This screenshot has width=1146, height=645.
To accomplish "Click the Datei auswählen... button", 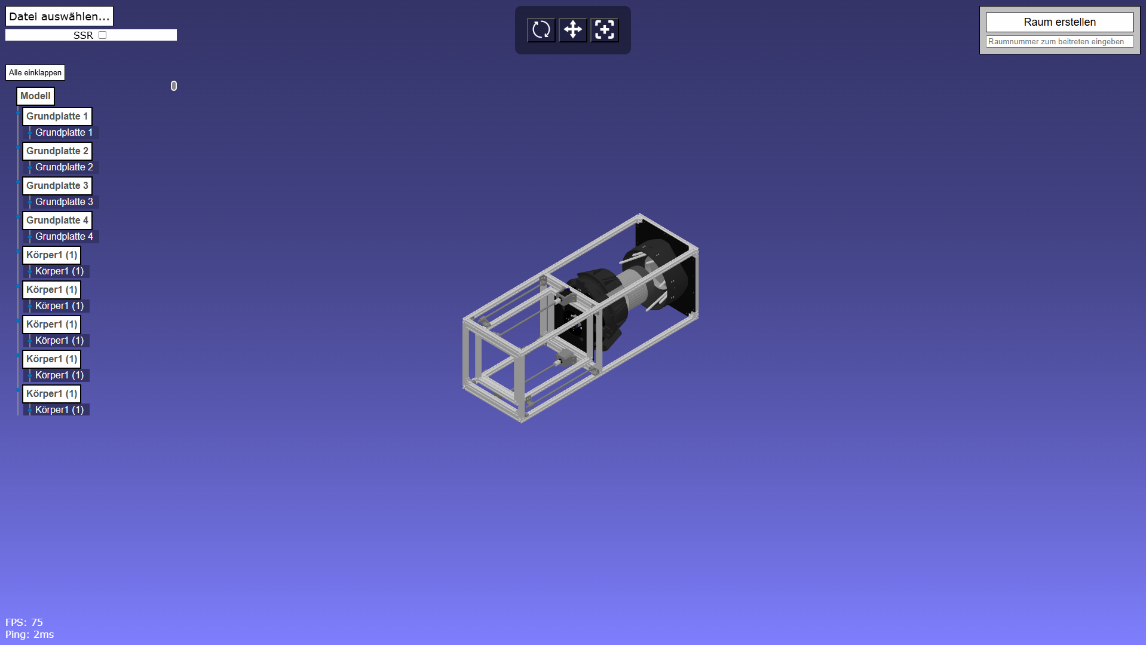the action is tap(59, 16).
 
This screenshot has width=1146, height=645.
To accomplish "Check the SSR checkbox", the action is tap(103, 35).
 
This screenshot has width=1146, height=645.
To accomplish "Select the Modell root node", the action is tap(35, 96).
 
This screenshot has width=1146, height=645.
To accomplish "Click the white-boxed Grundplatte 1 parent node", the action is tap(57, 117).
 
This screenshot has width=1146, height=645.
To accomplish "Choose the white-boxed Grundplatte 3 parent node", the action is tap(57, 186).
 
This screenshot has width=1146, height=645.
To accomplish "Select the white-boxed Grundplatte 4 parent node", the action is tap(57, 221).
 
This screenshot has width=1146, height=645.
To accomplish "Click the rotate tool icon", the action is tap(541, 30).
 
